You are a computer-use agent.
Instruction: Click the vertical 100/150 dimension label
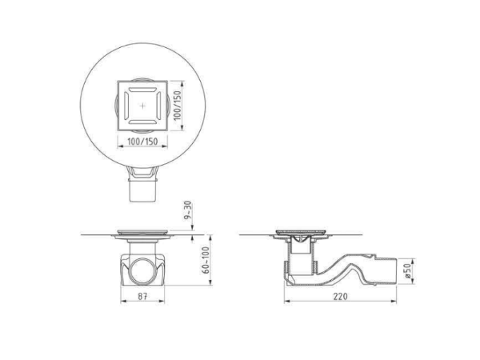[178, 106]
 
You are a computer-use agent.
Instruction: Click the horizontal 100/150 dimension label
[142, 142]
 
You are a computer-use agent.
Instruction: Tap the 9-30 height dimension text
[188, 210]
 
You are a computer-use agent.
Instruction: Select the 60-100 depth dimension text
[206, 260]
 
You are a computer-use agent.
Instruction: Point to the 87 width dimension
[142, 297]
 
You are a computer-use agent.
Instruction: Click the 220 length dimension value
[341, 296]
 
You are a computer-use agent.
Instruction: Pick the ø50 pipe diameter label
[407, 271]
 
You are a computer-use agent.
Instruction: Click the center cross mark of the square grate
[142, 106]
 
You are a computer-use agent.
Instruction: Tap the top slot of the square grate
[142, 90]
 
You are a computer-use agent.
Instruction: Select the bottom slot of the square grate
[142, 122]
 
